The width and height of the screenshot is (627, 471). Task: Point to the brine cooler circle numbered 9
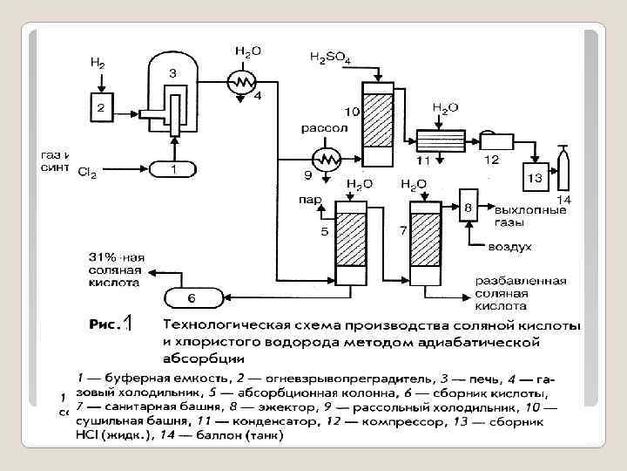(328, 159)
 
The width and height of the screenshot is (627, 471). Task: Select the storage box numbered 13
(535, 177)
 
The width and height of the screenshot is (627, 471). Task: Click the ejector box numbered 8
(468, 208)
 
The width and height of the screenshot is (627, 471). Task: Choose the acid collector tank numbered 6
(192, 299)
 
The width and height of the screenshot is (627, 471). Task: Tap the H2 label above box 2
(98, 63)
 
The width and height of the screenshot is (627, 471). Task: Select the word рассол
(325, 128)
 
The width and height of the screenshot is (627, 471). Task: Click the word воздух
(509, 247)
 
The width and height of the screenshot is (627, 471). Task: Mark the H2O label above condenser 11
(446, 107)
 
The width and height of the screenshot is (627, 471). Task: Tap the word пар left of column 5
(309, 199)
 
